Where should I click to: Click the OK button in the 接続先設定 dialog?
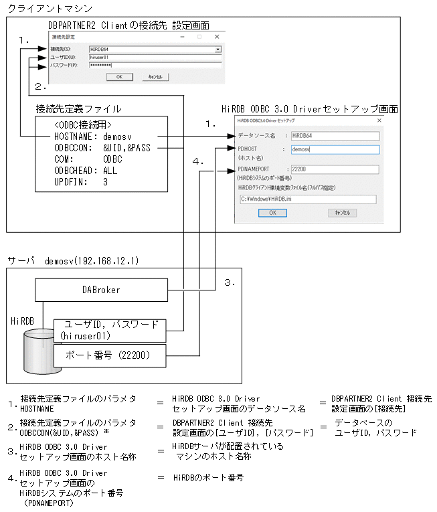tap(119, 77)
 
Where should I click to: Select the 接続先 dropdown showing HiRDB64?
tap(155, 50)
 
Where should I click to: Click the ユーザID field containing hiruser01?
tap(155, 58)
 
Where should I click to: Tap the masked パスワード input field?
tap(155, 66)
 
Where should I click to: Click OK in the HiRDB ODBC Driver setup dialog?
tap(272, 212)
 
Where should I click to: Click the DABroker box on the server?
tap(101, 290)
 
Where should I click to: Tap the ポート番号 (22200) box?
tap(109, 355)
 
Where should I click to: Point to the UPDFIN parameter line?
tap(80, 181)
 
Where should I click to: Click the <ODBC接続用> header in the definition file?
tap(83, 124)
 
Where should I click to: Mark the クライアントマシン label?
tap(50, 8)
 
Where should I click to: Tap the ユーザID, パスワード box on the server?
tap(109, 329)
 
